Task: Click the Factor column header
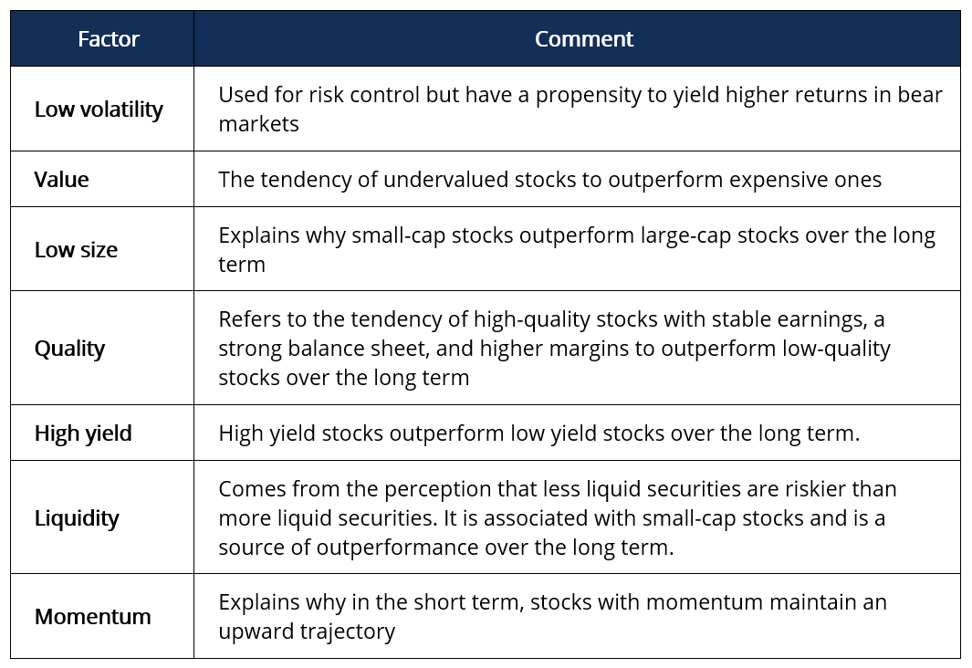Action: point(109,39)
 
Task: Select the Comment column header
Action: point(583,39)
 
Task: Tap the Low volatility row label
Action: point(99,110)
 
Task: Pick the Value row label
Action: point(62,179)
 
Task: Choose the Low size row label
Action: point(76,249)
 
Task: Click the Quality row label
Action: point(69,349)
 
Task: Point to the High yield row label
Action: point(83,433)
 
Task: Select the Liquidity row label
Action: point(77,517)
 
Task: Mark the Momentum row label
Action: point(93,616)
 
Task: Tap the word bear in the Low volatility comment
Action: point(920,96)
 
